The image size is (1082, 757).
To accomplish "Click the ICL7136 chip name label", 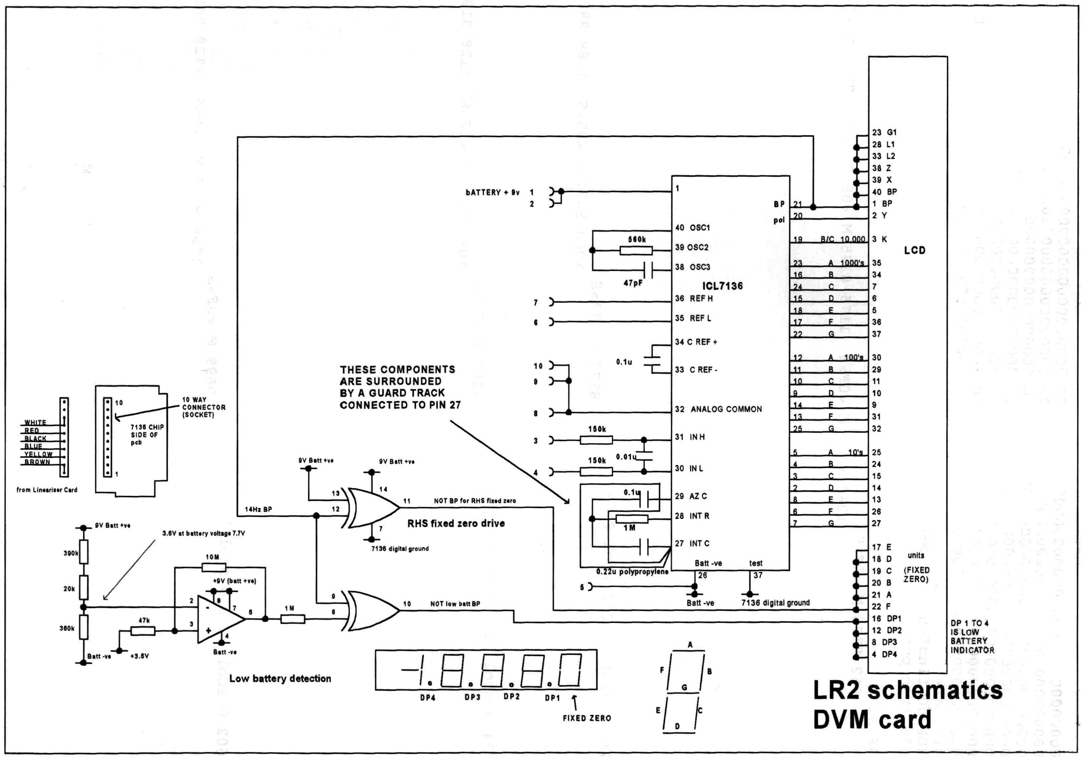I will [x=722, y=286].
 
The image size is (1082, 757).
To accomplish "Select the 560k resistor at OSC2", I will [x=636, y=251].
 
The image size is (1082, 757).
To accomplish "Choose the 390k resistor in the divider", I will [x=83, y=552].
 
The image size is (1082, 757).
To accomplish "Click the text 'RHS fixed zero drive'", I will [x=456, y=523].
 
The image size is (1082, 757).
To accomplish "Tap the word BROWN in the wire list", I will [x=37, y=462].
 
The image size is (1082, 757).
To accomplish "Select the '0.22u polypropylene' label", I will [x=632, y=572].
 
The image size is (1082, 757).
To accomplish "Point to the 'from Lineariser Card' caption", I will [x=47, y=490].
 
